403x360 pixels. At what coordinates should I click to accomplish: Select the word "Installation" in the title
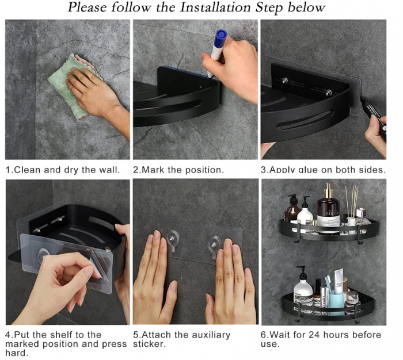pyautogui.click(x=215, y=7)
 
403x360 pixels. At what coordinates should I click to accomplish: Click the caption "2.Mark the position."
pyautogui.click(x=178, y=170)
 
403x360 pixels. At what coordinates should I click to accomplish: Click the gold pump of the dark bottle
pyautogui.click(x=329, y=189)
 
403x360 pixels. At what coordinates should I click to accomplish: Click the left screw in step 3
pyautogui.click(x=284, y=81)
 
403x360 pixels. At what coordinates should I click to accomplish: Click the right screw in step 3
pyautogui.click(x=329, y=93)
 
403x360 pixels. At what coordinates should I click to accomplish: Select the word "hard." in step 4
pyautogui.click(x=17, y=353)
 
